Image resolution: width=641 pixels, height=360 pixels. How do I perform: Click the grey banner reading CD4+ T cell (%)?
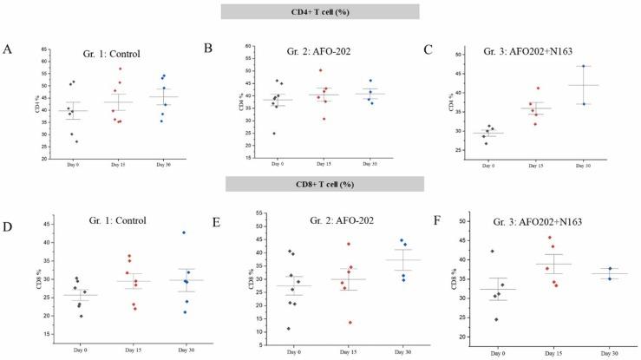coord(320,11)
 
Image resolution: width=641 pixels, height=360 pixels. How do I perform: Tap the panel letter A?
coord(8,49)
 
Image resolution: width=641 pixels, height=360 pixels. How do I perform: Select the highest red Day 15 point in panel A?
coord(120,69)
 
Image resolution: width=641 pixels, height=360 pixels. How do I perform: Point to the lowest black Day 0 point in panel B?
coord(274,134)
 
